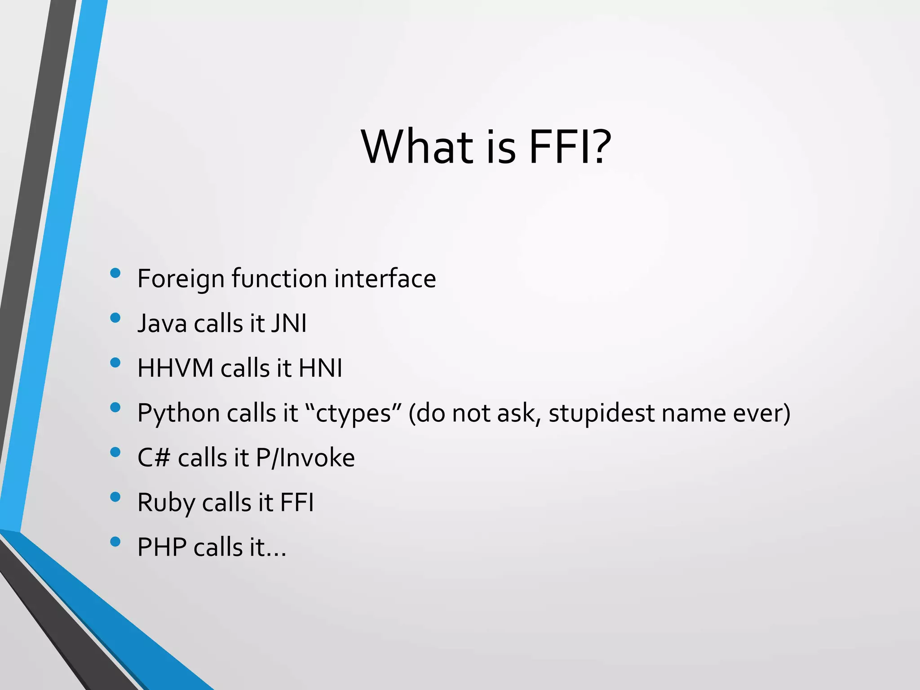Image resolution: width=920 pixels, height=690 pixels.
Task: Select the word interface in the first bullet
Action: point(385,278)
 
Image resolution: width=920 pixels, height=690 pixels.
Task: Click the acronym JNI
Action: point(289,323)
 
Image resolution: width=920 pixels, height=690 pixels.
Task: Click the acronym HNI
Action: point(320,368)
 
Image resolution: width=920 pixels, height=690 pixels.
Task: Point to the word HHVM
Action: point(175,368)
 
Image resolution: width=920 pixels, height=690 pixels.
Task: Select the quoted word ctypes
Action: point(353,413)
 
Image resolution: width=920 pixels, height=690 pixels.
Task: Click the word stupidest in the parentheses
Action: point(601,413)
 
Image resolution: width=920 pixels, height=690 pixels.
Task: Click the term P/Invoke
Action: point(305,458)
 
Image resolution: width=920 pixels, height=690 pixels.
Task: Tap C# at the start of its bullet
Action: point(154,458)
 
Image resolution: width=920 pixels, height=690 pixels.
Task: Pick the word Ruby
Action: point(166,503)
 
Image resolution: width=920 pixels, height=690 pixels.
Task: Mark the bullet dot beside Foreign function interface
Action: point(115,273)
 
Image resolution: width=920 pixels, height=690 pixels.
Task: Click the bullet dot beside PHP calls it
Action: point(115,542)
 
